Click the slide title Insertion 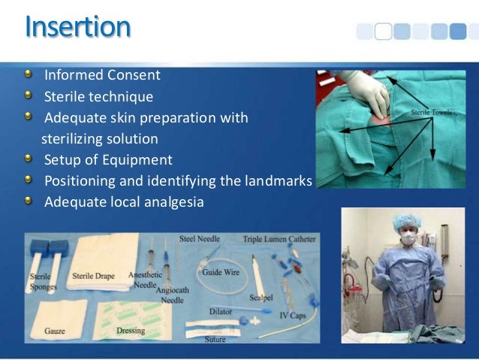(78, 27)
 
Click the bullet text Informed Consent (102, 75)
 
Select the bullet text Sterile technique (98, 97)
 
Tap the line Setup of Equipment (108, 160)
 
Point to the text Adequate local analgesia (124, 202)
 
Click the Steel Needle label (199, 239)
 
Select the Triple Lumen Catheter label (279, 239)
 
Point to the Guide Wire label (221, 272)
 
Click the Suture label (215, 339)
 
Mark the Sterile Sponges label (40, 282)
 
